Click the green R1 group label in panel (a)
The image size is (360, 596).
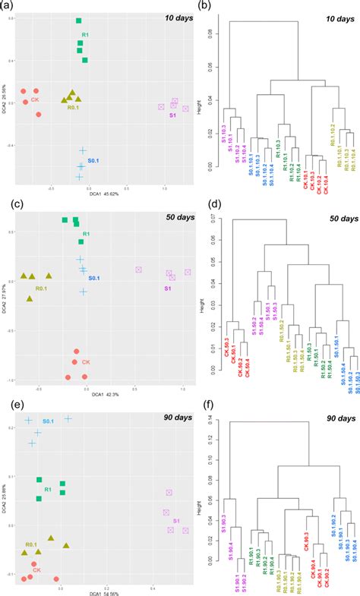87,34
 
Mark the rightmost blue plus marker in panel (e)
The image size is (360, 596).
68,418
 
